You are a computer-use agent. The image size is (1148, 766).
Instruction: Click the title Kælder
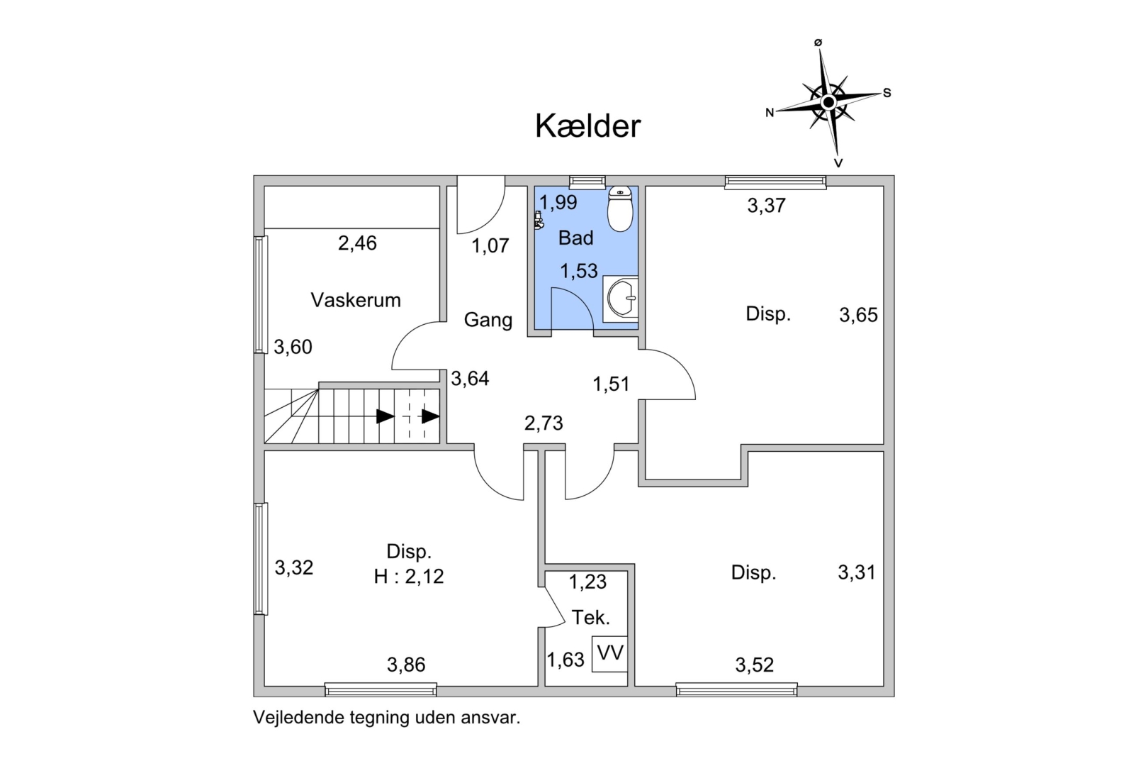[x=587, y=126]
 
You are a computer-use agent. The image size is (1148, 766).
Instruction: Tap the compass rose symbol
[x=828, y=103]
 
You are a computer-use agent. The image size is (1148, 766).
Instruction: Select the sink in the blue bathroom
[x=621, y=299]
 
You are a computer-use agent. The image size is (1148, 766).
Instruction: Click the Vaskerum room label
[x=356, y=300]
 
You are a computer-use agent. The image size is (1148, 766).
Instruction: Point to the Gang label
[x=488, y=320]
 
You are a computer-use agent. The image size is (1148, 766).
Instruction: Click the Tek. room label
[x=590, y=618]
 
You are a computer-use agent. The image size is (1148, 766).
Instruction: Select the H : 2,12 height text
[x=409, y=577]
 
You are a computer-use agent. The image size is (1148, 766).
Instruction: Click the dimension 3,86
[x=406, y=665]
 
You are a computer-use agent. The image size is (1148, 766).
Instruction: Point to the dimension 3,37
[x=766, y=206]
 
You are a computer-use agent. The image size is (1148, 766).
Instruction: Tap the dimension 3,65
[x=858, y=315]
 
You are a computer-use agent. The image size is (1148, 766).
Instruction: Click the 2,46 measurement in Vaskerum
[x=357, y=243]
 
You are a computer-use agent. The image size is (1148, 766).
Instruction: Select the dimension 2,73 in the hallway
[x=544, y=423]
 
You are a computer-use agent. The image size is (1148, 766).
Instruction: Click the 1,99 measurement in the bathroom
[x=558, y=203]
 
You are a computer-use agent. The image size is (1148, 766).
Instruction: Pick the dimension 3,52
[x=754, y=665]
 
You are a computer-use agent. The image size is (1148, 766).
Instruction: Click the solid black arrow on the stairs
[x=385, y=416]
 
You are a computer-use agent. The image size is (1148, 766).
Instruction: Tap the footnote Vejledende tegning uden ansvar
[x=387, y=717]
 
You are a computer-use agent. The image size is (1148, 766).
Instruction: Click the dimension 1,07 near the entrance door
[x=490, y=246]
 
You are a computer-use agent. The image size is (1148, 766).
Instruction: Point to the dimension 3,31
[x=857, y=572]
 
